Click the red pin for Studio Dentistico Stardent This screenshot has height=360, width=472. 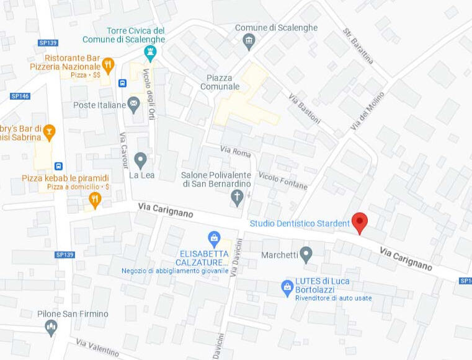point(360,222)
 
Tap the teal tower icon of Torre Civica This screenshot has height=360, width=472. point(149,53)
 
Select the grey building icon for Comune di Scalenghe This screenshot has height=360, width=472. point(249,42)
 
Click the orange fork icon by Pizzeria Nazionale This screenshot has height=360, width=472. point(108,64)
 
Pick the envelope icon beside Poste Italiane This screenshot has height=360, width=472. point(133,103)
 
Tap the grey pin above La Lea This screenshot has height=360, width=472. point(140,160)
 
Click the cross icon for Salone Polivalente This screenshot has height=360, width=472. point(236,198)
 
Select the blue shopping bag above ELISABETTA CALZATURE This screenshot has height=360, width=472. point(214,238)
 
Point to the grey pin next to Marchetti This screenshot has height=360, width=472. point(305,253)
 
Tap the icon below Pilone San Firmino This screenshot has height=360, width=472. point(51,327)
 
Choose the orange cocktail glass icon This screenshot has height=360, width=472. point(48,131)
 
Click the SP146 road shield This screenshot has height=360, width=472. point(20,96)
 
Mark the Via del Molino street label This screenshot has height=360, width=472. point(367,111)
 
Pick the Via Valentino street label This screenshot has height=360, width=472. point(97,349)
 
